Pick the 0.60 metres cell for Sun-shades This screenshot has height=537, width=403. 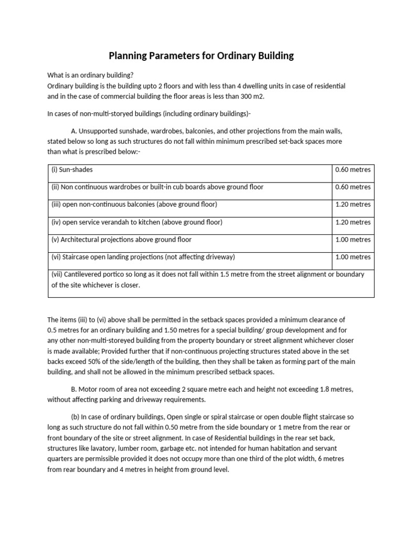click(353, 170)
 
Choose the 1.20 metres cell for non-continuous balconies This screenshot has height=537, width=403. click(353, 205)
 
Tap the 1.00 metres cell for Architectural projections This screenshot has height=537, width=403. click(353, 240)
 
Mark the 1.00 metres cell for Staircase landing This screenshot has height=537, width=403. click(353, 257)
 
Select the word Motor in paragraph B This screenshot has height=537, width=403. click(89, 390)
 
